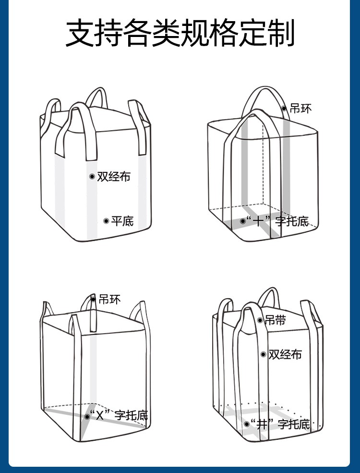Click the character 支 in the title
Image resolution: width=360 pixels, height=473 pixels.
80,33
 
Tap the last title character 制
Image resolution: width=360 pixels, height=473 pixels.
280,33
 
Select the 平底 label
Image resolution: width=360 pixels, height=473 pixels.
122,221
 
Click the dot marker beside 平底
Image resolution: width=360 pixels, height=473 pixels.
106,221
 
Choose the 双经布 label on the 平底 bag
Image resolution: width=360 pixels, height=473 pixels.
114,177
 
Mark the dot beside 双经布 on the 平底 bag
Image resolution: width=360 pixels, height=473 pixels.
92,177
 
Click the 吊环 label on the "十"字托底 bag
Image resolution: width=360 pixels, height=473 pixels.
301,109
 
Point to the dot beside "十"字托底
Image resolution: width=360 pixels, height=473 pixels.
243,221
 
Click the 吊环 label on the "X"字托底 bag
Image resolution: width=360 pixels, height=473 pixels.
109,300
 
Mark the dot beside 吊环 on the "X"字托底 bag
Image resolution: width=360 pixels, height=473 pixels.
93,300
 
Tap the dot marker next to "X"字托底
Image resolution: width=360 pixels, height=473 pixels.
87,416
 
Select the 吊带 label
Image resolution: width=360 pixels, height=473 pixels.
276,320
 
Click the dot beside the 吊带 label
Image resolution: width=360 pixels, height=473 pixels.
260,320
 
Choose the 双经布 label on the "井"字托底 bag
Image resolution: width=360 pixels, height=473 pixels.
285,354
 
